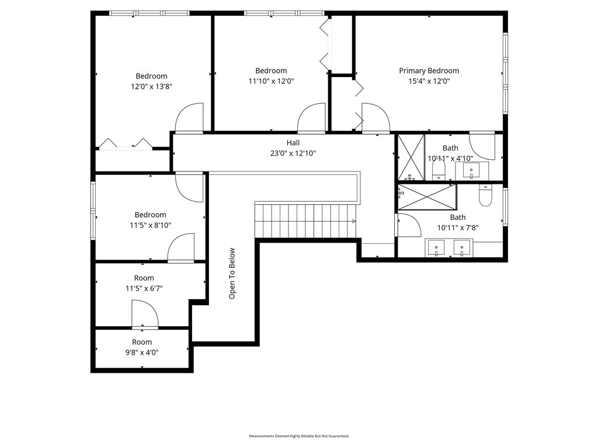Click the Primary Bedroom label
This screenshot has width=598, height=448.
429,71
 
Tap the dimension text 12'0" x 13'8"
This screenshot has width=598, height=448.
151,86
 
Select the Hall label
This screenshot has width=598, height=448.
293,143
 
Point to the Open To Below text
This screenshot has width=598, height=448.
232,274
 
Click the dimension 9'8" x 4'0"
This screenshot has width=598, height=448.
142,352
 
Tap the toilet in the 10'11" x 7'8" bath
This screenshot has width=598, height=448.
485,195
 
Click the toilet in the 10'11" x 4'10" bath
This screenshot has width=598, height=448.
439,169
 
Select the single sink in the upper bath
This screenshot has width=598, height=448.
471,170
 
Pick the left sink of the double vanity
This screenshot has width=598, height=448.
436,248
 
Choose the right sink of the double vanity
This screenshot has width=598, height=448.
462,248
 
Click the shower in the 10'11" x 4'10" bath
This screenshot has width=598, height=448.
411,157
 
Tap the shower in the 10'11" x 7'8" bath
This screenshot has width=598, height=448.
427,197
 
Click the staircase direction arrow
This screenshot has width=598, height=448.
353,221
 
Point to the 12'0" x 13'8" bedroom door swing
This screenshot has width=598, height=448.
189,118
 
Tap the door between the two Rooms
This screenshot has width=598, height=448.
145,314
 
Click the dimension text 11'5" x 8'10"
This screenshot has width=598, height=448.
150,225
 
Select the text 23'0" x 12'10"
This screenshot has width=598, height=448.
293,153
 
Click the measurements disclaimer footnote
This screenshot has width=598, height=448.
299,436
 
